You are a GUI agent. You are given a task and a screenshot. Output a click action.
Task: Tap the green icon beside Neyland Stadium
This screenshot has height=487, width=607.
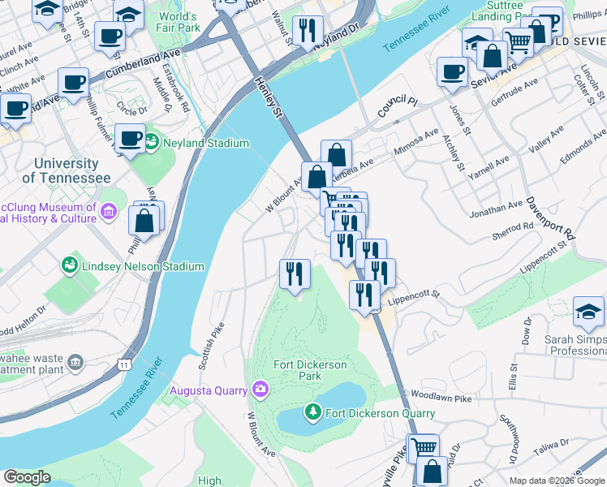tap(152, 144)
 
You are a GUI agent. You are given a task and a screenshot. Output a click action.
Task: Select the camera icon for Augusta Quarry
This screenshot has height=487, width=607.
tap(259, 390)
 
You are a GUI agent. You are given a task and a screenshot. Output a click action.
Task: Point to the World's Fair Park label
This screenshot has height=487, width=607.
tap(179, 22)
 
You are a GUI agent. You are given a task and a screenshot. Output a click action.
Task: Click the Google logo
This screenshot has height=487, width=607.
tap(27, 477)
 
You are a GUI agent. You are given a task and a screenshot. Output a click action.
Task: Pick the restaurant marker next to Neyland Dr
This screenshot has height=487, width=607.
tap(306, 31)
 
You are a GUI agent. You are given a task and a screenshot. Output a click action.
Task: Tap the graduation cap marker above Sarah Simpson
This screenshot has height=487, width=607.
tap(588, 312)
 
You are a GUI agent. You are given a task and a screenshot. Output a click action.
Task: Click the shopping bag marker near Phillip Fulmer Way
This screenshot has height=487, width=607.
tap(144, 220)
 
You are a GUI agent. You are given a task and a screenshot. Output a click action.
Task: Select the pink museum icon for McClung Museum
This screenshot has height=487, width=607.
tap(110, 213)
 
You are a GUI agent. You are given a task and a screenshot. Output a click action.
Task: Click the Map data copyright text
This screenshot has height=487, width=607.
tap(557, 481)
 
